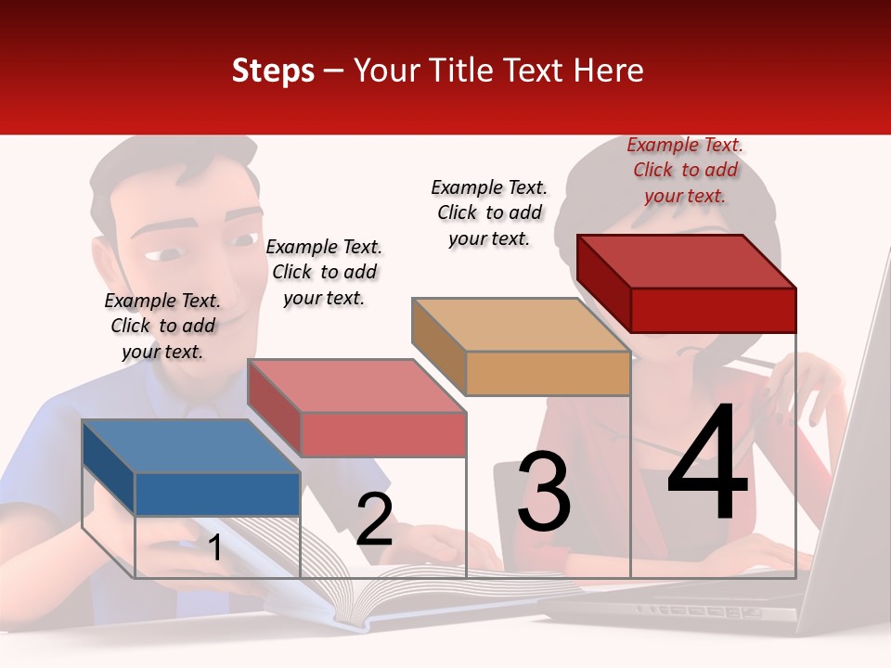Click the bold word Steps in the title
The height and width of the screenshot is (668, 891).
tap(273, 71)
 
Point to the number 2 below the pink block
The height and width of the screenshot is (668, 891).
tap(374, 520)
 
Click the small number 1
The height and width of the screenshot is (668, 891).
tap(214, 547)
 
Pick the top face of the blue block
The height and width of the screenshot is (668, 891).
tap(190, 445)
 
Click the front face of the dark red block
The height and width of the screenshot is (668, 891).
tap(713, 309)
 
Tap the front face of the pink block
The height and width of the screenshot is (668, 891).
tap(383, 434)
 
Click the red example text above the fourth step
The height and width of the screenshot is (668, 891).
tap(685, 170)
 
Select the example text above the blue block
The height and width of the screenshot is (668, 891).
tap(162, 326)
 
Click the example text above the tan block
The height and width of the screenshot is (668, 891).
tap(489, 212)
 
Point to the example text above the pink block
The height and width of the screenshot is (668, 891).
tap(324, 272)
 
